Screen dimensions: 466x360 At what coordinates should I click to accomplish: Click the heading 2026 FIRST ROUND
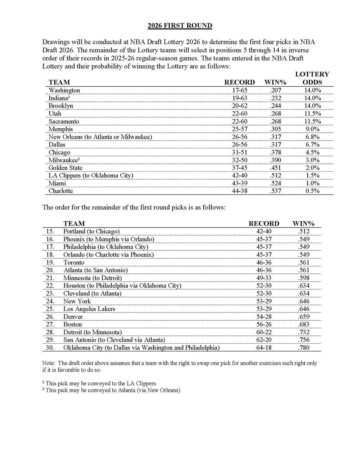point(180,26)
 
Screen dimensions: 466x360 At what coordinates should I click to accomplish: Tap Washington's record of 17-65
point(240,90)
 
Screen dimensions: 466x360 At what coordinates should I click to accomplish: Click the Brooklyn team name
point(61,106)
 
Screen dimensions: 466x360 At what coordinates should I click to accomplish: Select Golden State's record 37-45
point(240,167)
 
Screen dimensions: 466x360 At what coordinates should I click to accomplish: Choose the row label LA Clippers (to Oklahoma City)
point(91,175)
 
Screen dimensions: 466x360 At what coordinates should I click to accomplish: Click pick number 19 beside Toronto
point(50,263)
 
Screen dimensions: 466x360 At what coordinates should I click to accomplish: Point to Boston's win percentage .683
point(305,324)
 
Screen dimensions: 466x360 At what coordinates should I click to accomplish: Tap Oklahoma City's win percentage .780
point(305,348)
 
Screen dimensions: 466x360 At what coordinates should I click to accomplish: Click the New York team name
point(77,301)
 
